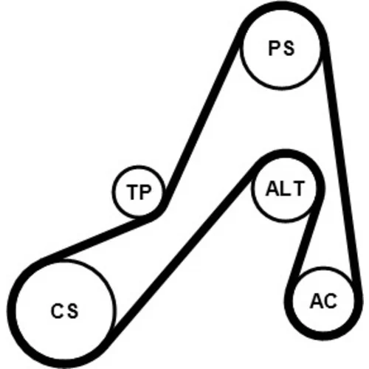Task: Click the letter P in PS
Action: pos(274,48)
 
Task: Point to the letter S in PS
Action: pos(289,48)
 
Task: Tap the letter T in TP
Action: pos(133,192)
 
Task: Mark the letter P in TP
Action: pos(145,192)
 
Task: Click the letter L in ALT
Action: pos(286,189)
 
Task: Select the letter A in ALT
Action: pos(273,189)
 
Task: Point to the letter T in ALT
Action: pos(298,189)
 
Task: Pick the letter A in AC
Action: pos(317,301)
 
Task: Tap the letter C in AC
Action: pos(331,301)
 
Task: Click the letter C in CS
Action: pos(57,311)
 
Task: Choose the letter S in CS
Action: pos(72,311)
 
